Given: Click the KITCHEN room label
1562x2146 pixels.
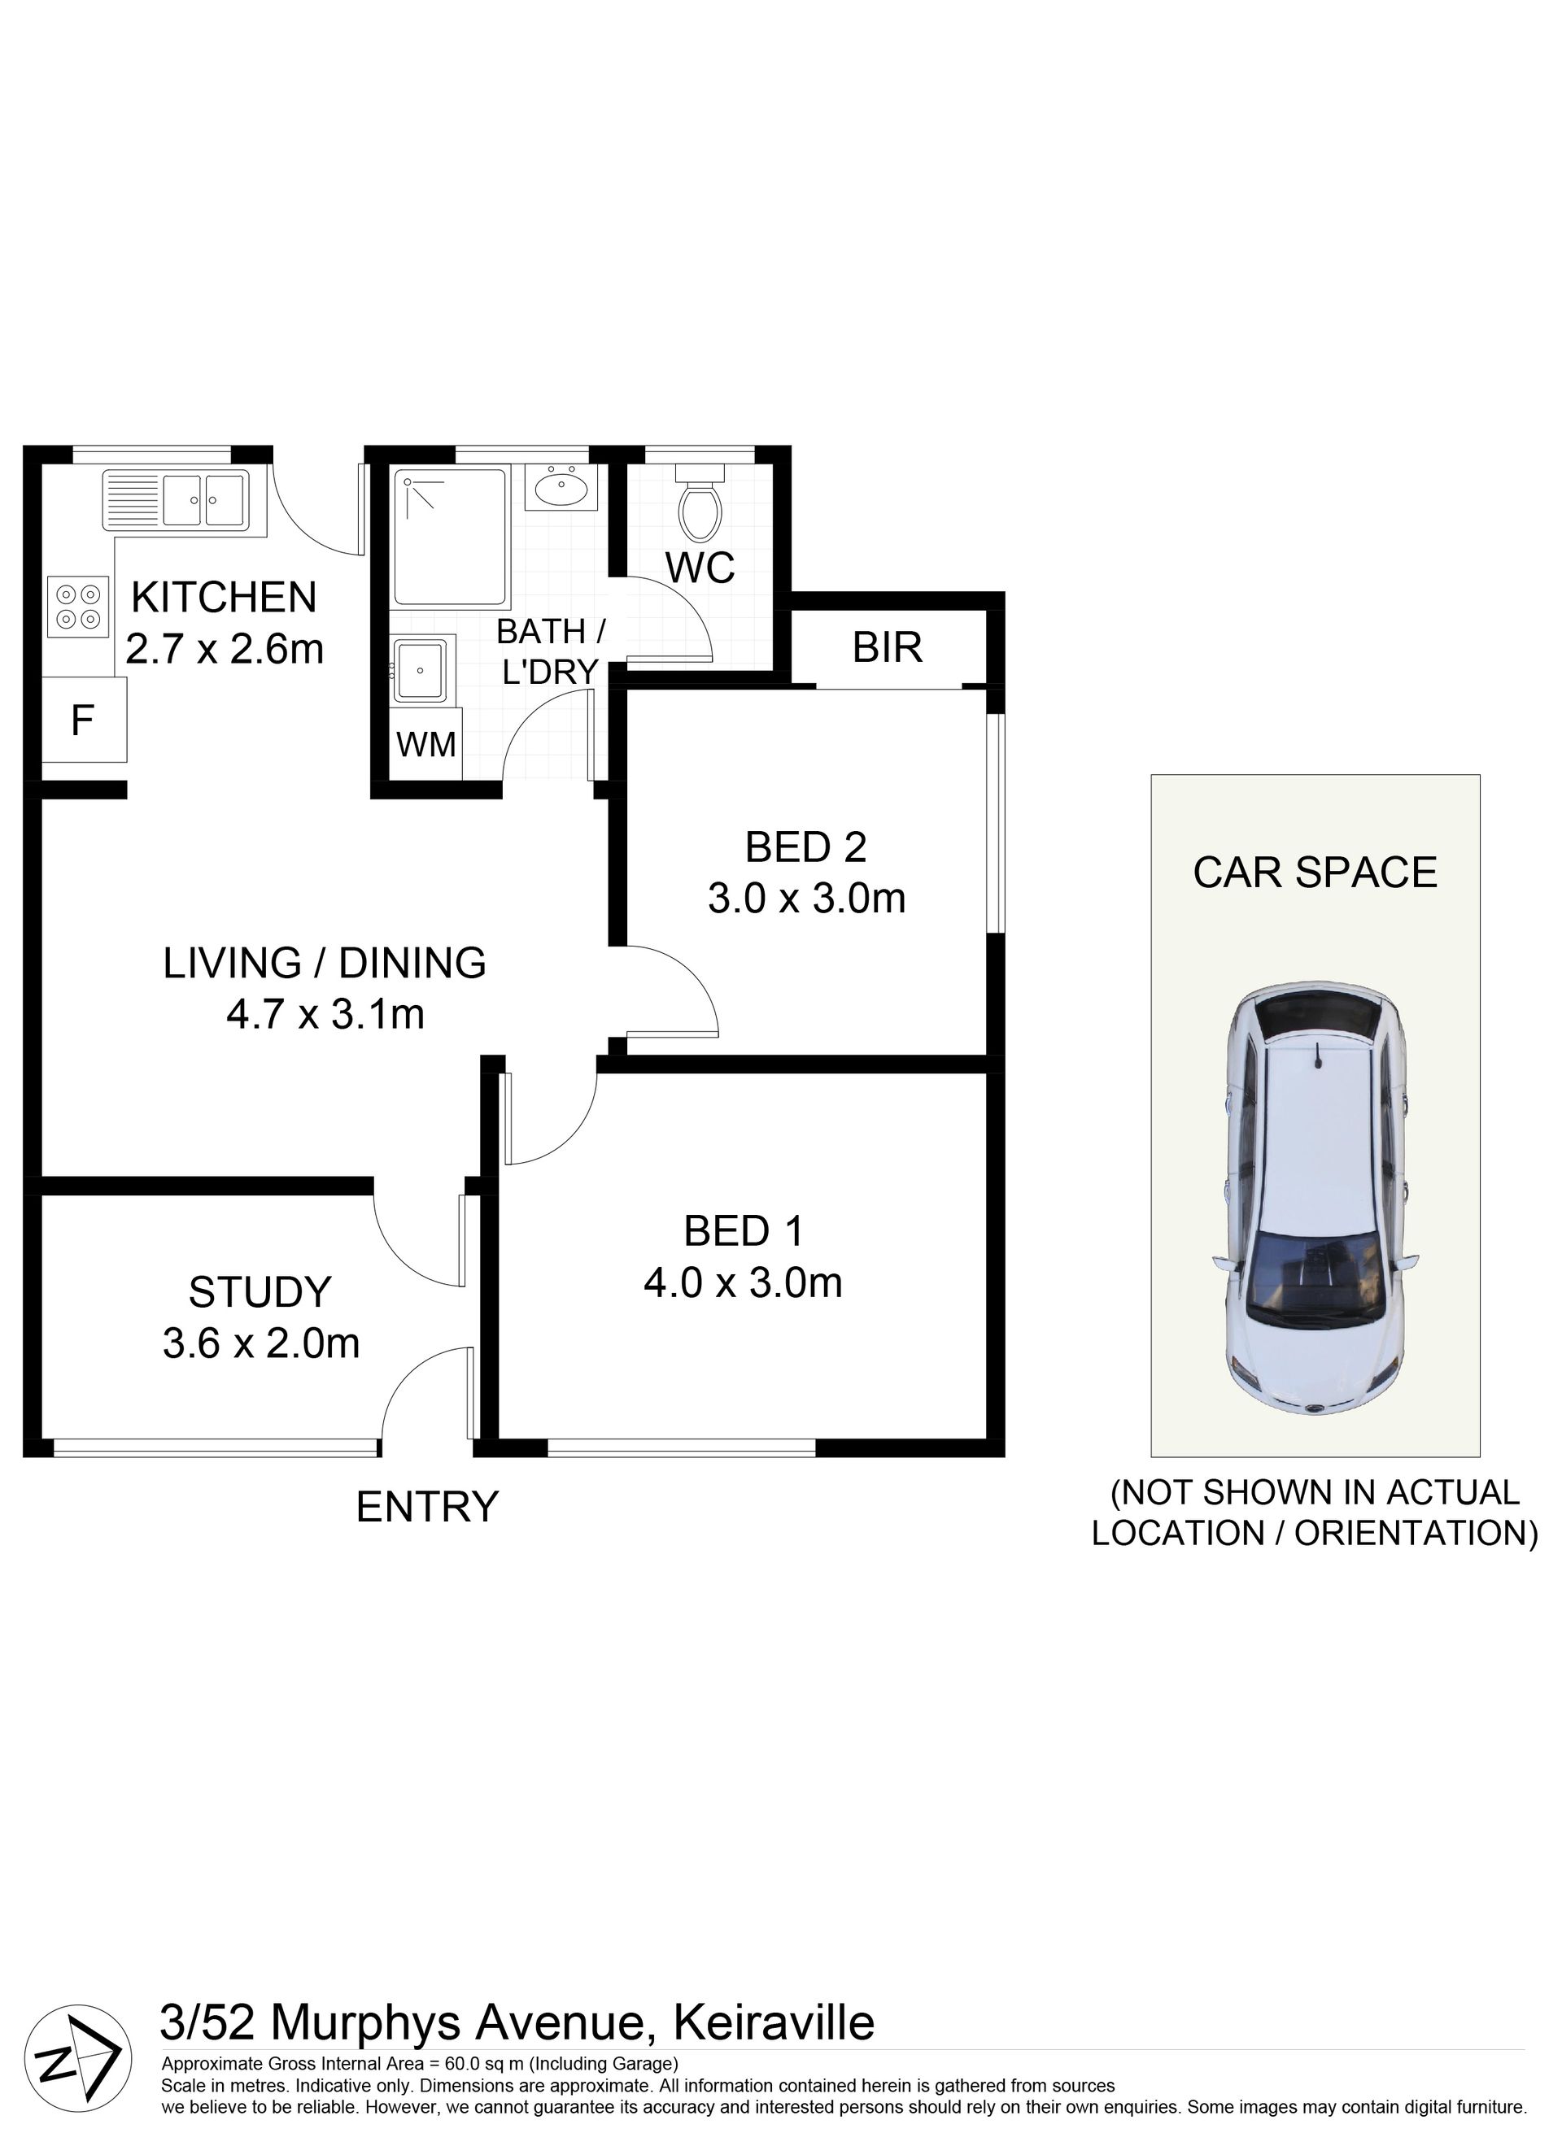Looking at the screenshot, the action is [225, 597].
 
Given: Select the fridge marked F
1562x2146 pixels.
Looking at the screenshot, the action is [82, 721].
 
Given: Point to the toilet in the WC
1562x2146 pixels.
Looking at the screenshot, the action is [700, 502].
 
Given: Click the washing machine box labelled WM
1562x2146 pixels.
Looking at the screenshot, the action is [426, 745].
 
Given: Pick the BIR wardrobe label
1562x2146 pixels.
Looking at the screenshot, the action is [887, 647].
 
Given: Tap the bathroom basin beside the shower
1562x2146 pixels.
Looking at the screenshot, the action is [561, 487].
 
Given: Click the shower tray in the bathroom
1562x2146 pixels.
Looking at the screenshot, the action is [450, 537].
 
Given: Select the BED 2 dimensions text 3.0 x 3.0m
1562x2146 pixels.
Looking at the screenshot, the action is [806, 898].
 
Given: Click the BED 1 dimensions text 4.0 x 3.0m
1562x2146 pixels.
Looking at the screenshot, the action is [743, 1283].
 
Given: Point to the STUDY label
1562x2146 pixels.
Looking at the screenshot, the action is [260, 1291].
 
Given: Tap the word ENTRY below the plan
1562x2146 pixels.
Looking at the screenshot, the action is [427, 1506].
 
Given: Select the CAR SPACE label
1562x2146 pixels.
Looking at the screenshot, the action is [1315, 873].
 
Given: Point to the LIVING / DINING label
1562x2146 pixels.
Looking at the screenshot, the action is [325, 964].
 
